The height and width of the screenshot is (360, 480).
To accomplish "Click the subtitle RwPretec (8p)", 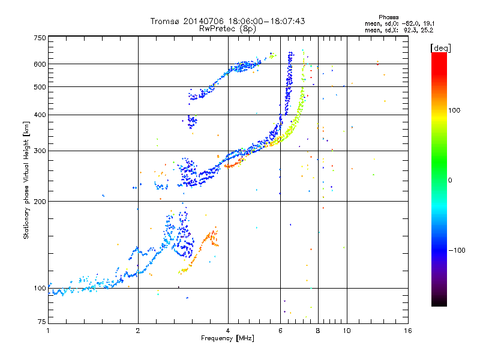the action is coord(227,29).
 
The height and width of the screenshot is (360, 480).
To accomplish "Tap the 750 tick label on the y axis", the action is coord(40,38).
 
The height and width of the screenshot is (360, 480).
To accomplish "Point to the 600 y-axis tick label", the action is coord(40,64).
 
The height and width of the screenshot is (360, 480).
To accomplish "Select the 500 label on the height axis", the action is coord(40,86).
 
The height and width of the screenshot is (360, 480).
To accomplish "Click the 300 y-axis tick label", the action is coord(40,151).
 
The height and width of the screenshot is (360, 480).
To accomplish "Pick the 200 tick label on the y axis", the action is coord(40,201).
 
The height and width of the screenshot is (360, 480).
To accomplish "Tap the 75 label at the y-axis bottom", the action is coord(42,322).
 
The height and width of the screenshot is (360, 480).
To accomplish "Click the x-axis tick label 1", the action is coord(48,331).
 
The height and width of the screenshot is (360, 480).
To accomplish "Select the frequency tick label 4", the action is coord(228,331).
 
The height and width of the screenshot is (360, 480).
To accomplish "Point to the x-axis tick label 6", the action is coord(280,331).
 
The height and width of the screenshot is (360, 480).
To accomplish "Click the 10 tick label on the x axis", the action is coord(347,331).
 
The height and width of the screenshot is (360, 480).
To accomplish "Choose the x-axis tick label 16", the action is coord(408,331).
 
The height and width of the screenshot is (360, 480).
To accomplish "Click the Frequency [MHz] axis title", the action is coord(227,338).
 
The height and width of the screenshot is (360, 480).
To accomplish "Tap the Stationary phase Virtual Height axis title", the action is coord(26,180).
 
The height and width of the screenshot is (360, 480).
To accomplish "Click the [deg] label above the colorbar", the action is coord(440,49).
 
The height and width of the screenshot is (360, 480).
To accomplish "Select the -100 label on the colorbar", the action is coord(457,250).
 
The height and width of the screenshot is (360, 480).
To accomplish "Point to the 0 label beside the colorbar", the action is coord(450,181).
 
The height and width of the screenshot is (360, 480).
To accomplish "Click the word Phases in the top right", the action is coord(388,17).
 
